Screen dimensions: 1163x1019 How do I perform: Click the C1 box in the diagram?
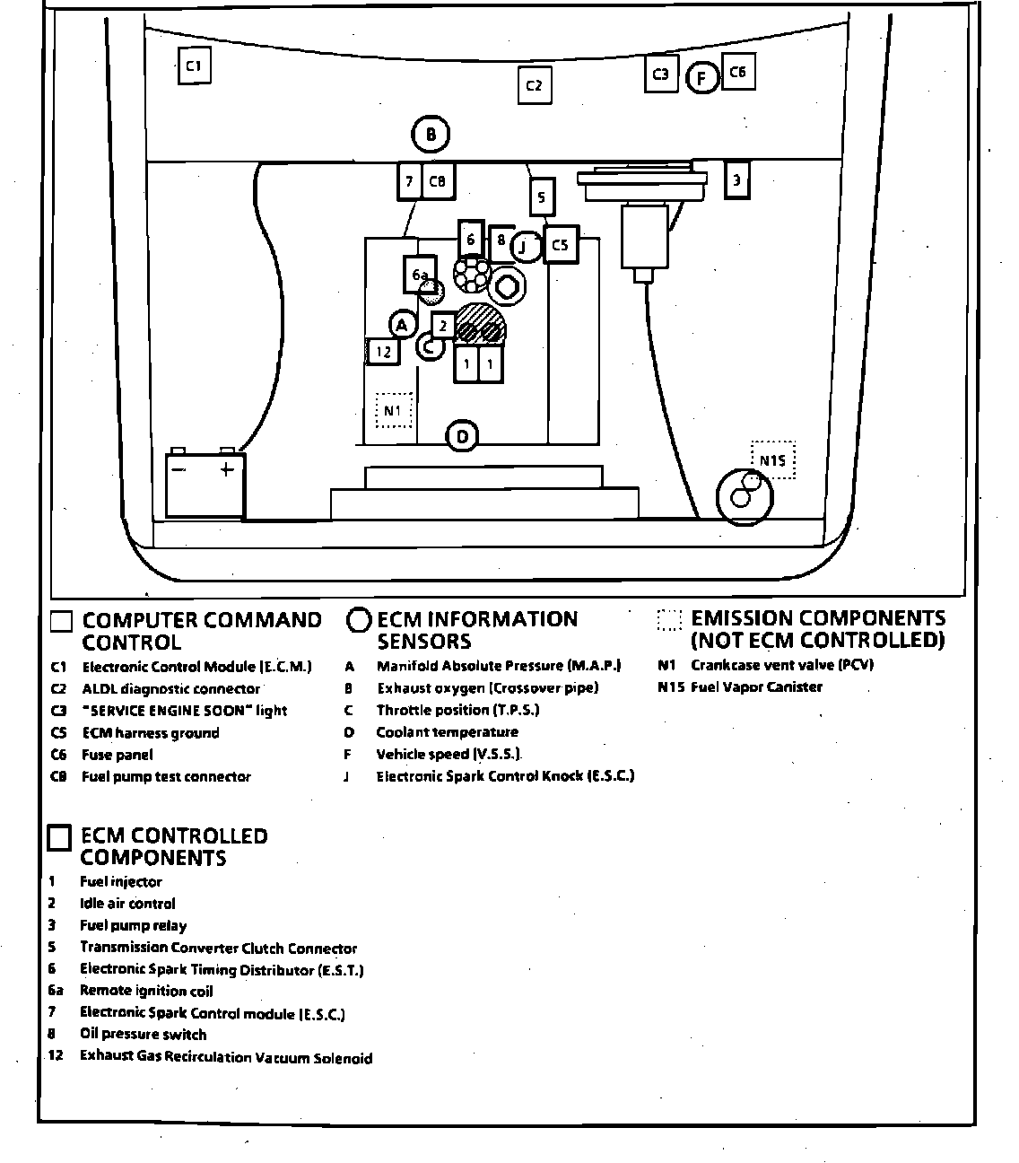(x=194, y=66)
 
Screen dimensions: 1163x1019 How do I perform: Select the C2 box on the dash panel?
(x=534, y=86)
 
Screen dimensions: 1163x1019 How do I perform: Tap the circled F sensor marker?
(x=702, y=78)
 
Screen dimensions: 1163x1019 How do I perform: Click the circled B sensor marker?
(x=431, y=136)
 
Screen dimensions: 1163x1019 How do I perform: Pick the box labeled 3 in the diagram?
(x=736, y=180)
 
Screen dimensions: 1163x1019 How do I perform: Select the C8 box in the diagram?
(x=438, y=181)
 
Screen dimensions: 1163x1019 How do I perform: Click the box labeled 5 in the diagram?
(x=542, y=197)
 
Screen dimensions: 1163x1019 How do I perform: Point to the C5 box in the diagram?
(x=561, y=244)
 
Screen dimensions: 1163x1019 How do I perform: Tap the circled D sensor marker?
(x=462, y=437)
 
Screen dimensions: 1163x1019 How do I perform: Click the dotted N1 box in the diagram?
(x=393, y=411)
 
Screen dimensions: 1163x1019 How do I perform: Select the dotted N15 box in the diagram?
(x=772, y=459)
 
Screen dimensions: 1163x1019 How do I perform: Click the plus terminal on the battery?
(x=227, y=468)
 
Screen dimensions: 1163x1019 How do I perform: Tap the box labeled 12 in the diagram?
(x=384, y=351)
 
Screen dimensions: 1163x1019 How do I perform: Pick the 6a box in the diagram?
(x=419, y=275)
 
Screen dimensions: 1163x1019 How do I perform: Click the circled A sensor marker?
(x=403, y=325)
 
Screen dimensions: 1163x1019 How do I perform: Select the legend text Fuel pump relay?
(x=134, y=925)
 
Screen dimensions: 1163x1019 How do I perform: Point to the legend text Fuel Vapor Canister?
(x=756, y=687)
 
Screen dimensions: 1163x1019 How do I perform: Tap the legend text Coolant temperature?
(x=447, y=732)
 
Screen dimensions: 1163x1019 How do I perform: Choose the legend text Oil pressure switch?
(x=143, y=1035)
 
